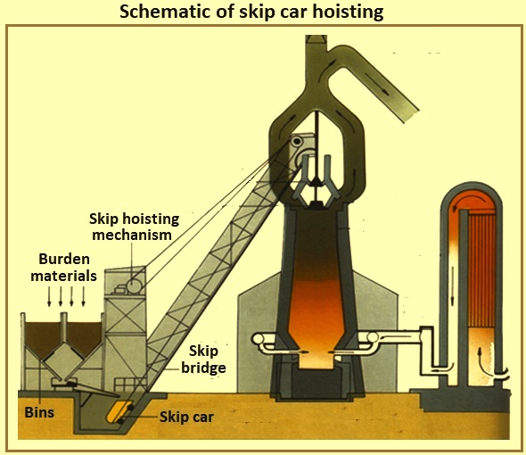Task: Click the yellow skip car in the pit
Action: (118, 411)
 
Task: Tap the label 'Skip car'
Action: (186, 417)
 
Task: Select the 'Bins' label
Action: (39, 412)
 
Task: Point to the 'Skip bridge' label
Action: (203, 360)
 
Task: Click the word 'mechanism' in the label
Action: (132, 235)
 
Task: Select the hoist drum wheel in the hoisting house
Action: (134, 286)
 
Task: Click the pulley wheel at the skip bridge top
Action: (297, 142)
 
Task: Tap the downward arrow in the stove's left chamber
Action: (453, 285)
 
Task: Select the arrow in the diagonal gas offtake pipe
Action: (378, 84)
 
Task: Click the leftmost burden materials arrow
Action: (49, 297)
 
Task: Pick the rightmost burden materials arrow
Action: (83, 297)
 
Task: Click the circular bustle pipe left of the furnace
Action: (258, 339)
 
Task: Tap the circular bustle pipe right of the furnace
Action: (373, 337)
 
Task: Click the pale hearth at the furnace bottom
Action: (317, 360)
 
